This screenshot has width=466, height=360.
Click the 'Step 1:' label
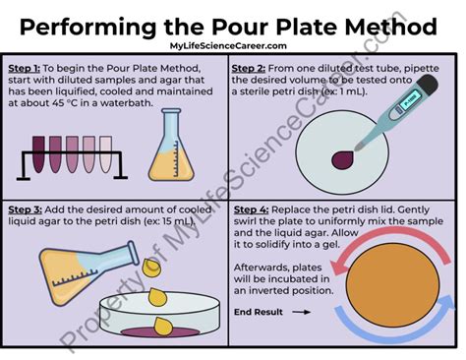tap(25, 68)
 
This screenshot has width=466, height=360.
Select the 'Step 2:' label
tap(249, 68)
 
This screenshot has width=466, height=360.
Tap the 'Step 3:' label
tap(25, 210)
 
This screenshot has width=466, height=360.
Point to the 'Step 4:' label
tap(251, 210)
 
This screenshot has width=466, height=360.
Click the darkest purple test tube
tap(38, 154)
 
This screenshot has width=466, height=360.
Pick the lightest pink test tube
tap(105, 154)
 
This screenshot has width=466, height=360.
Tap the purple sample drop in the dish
tap(342, 159)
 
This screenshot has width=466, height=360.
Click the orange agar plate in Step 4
tap(392, 283)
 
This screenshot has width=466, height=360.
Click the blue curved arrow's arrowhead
tap(446, 302)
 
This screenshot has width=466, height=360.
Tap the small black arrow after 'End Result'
tap(301, 312)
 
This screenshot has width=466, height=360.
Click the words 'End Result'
tap(259, 312)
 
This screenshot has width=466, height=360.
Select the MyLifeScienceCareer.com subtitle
tap(228, 46)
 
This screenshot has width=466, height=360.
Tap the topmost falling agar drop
tap(151, 267)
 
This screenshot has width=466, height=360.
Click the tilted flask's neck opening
tap(133, 253)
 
